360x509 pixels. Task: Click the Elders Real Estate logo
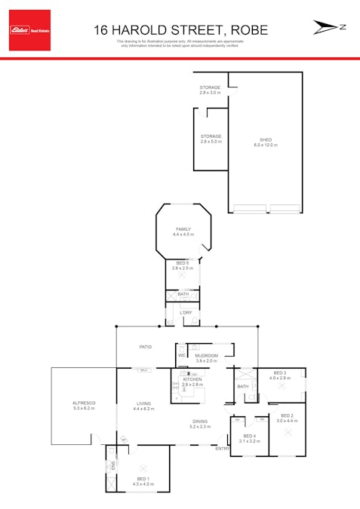tap(30, 30)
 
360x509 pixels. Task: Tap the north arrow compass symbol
tap(329, 27)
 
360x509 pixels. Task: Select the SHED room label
tap(266, 140)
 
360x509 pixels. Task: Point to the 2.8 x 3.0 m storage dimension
tap(211, 93)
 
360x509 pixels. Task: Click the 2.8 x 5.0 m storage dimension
tap(211, 142)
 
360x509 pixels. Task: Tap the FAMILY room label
tap(183, 229)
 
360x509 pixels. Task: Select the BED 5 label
tap(183, 262)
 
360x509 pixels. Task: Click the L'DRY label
tap(186, 312)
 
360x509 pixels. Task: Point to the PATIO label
tap(145, 347)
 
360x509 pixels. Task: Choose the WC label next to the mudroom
tap(182, 355)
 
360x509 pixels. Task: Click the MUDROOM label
tap(206, 355)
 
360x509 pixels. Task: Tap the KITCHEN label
tap(193, 380)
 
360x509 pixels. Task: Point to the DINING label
tap(199, 422)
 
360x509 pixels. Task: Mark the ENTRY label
tap(222, 449)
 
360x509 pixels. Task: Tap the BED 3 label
tap(280, 373)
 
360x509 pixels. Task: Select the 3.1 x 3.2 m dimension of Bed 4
tap(249, 441)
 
